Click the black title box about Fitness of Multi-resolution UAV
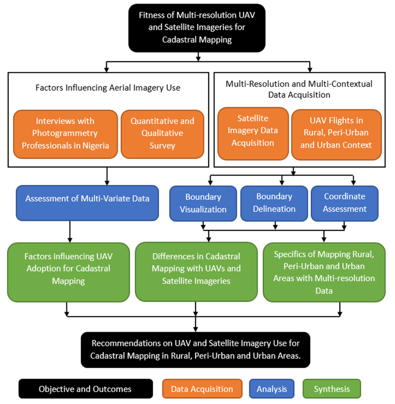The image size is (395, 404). point(197,28)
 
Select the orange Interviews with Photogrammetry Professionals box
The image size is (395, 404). point(65,134)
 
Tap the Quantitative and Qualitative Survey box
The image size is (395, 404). point(162,134)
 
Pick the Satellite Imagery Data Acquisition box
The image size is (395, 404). point(253,133)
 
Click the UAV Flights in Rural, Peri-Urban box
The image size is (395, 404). point(336,134)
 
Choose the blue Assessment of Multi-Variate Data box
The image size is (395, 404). point(87,203)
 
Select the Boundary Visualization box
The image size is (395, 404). point(203,203)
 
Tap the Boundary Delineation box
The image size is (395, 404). point(274,203)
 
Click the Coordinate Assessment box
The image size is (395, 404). point(344,203)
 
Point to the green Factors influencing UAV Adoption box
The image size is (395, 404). point(68,272)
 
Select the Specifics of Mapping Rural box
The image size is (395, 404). point(324,272)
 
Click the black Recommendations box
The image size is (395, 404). point(195,350)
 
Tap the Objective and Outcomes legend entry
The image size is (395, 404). point(85,389)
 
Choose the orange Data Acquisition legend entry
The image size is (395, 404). point(202,389)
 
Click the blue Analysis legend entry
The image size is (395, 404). point(272,389)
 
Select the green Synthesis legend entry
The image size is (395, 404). point(332,389)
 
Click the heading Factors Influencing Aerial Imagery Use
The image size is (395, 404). point(108,88)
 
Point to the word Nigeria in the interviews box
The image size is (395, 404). point(96,146)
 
